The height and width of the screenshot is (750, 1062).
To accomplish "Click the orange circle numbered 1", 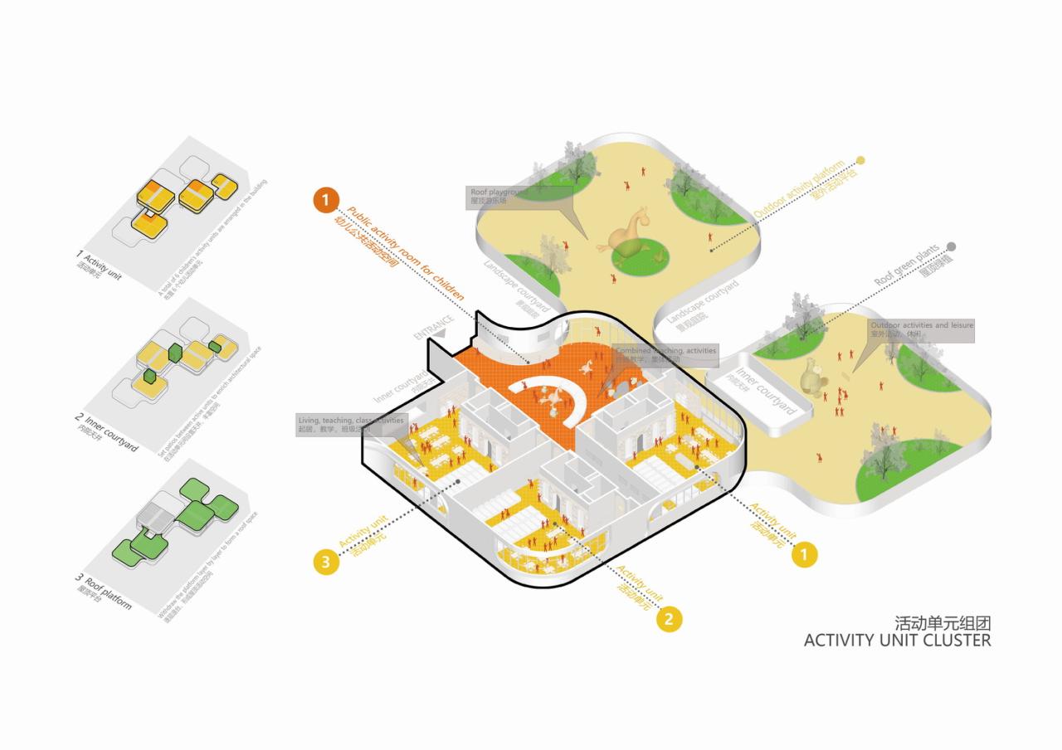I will [x=326, y=200].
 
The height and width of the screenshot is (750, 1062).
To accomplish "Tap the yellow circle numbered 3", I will [x=326, y=562].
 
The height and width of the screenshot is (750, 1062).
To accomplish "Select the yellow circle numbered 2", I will [x=670, y=619].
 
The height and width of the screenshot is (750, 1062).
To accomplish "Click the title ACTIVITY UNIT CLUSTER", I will [x=897, y=640].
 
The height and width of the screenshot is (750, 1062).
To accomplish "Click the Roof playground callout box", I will [x=520, y=196].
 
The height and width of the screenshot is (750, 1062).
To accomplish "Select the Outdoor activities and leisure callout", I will [x=921, y=329].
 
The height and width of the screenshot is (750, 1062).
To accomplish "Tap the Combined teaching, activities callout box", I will [x=665, y=354].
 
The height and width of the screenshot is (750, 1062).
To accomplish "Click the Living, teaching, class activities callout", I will [x=352, y=425].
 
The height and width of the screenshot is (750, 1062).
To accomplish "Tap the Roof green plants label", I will [x=907, y=266].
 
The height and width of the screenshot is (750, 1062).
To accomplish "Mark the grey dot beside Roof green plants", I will [x=952, y=246].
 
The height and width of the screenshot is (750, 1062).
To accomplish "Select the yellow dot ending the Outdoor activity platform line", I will [x=860, y=160].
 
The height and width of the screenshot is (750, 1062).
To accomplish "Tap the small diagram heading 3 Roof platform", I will [x=104, y=592].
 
